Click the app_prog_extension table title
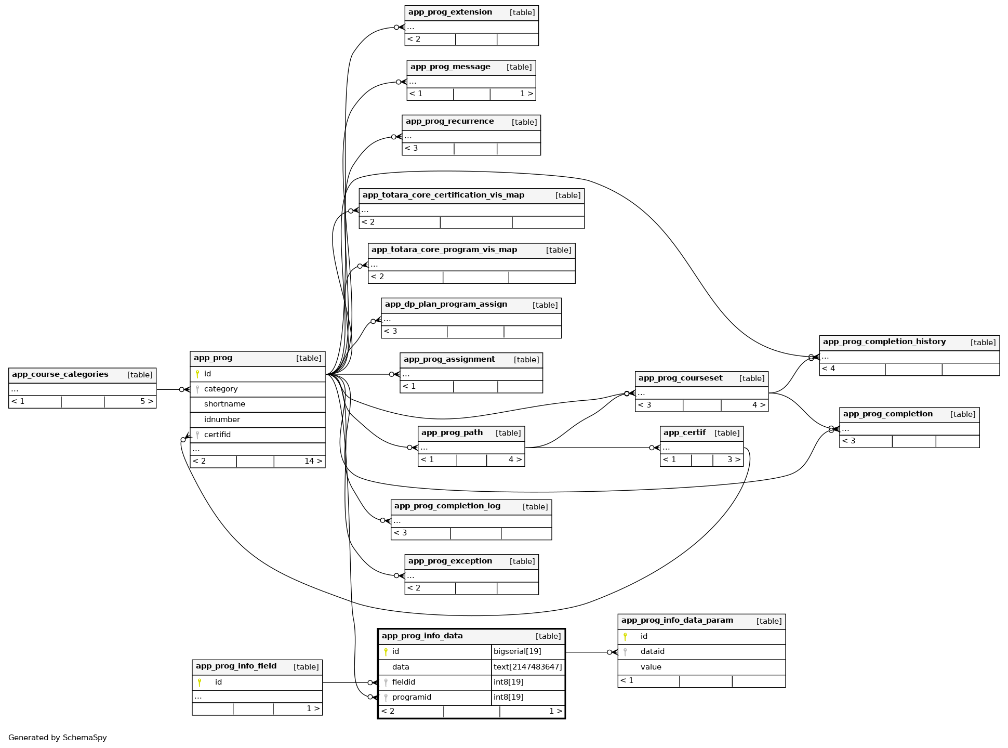450,12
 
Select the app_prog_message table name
450,67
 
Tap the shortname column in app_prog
224,404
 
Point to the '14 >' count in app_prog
313,461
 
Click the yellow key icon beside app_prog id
197,374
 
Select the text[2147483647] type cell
527,667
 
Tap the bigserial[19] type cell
517,651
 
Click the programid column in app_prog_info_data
412,697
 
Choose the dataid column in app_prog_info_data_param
652,652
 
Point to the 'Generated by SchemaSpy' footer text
58,738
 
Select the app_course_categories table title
60,375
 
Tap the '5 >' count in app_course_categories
147,402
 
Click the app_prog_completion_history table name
884,342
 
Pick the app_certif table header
684,433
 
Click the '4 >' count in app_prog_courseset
758,405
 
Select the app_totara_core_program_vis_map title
444,250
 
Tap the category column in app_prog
221,389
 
